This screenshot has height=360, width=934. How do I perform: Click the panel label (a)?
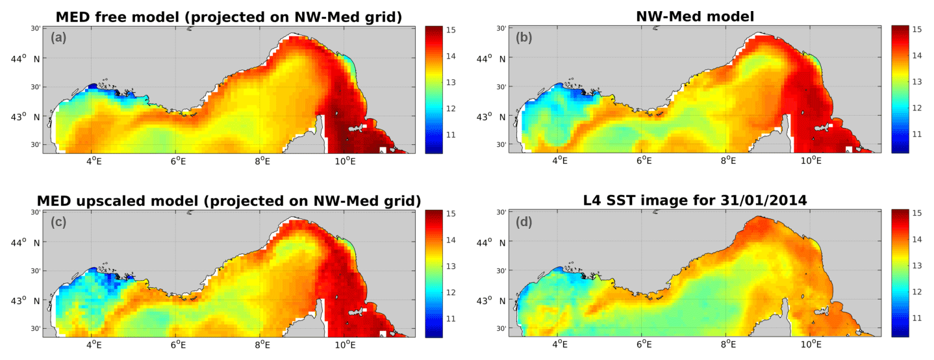(x=58, y=38)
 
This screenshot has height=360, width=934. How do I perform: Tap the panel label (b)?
(x=524, y=38)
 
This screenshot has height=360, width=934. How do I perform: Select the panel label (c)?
(x=58, y=222)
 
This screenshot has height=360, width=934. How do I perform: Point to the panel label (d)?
(x=524, y=222)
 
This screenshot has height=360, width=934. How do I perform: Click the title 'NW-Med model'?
(x=694, y=18)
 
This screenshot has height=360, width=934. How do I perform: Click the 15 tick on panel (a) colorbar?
(x=451, y=30)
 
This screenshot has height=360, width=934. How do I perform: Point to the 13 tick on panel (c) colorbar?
(x=451, y=266)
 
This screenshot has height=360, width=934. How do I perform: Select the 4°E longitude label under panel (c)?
(x=93, y=344)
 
